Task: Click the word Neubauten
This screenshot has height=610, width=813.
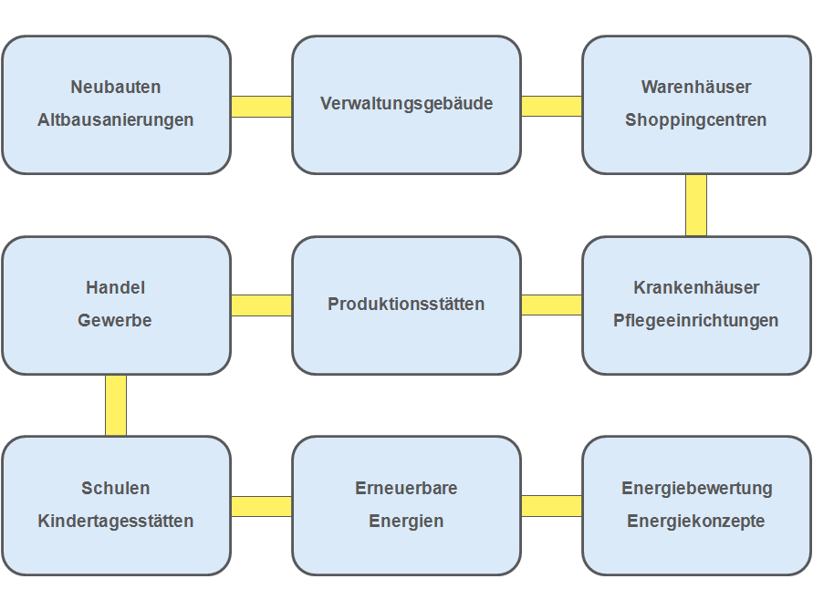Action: pyautogui.click(x=116, y=88)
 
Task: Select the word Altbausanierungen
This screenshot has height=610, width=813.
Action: pyautogui.click(x=116, y=120)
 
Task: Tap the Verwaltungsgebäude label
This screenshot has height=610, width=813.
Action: pyautogui.click(x=406, y=104)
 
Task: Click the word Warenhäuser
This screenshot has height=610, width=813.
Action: pyautogui.click(x=696, y=88)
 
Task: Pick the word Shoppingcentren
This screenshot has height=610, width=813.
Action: pyautogui.click(x=696, y=120)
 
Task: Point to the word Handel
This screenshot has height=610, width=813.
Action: pyautogui.click(x=116, y=288)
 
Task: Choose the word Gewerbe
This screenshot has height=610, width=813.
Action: pyautogui.click(x=116, y=321)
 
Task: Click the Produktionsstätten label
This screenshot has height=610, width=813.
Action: pyautogui.click(x=406, y=305)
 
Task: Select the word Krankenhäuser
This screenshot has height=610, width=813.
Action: pyautogui.click(x=696, y=288)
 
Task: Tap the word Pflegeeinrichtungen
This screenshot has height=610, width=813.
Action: pyautogui.click(x=696, y=321)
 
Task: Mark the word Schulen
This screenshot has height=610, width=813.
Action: pyautogui.click(x=116, y=489)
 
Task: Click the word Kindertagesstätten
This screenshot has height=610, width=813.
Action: pyautogui.click(x=116, y=522)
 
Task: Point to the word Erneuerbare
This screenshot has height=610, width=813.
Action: pyautogui.click(x=406, y=489)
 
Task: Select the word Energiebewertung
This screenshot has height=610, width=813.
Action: pyautogui.click(x=696, y=489)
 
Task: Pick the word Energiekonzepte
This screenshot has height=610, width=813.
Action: pyautogui.click(x=696, y=522)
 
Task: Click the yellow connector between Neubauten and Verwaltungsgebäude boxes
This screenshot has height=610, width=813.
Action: pyautogui.click(x=261, y=106)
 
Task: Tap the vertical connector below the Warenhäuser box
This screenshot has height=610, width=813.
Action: pyautogui.click(x=696, y=205)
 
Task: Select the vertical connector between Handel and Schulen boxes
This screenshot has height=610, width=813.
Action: pyautogui.click(x=116, y=405)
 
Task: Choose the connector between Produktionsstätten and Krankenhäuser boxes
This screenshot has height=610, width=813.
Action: pyautogui.click(x=551, y=305)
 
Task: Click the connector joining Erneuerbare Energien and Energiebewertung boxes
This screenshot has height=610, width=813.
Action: pyautogui.click(x=551, y=505)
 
